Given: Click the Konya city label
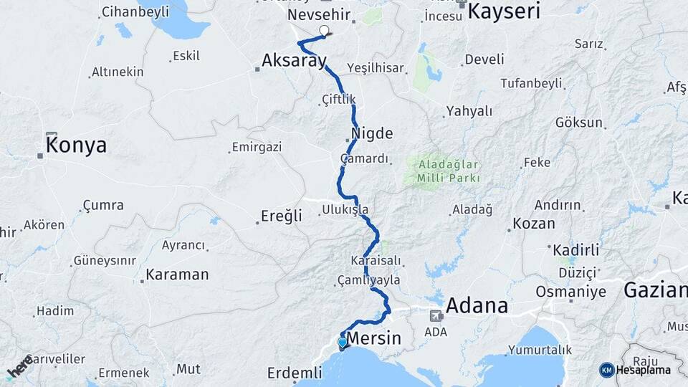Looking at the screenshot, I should [x=76, y=145].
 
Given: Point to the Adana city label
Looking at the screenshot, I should [x=477, y=306].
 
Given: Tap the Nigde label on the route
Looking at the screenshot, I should [x=373, y=133].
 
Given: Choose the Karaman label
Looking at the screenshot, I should [x=177, y=274].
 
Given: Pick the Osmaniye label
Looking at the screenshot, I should [x=571, y=292].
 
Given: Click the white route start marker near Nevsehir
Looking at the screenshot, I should [x=324, y=31].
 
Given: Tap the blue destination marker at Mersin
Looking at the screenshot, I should [x=342, y=343].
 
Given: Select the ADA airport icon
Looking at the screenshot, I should [x=435, y=315].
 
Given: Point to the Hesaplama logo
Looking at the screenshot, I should [x=635, y=370].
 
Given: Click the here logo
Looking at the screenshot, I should [x=19, y=366].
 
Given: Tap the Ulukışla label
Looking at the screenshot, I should [x=345, y=210].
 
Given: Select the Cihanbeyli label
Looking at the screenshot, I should [x=135, y=11].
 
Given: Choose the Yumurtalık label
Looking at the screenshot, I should [x=540, y=350].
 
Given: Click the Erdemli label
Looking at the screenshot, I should [x=295, y=373].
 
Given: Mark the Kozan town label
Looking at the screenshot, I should [x=534, y=224].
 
